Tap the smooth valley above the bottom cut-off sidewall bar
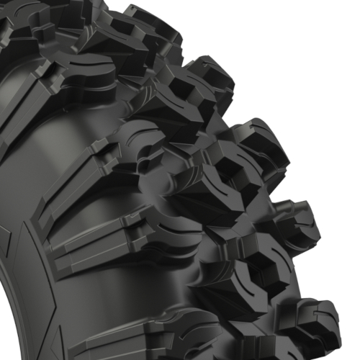click(x=108, y=295)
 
